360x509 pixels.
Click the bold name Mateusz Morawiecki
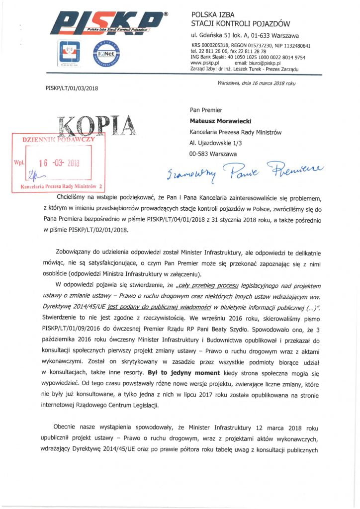click(x=223, y=121)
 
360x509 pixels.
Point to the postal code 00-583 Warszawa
click(x=213, y=154)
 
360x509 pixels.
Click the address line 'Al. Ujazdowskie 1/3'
click(x=216, y=143)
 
